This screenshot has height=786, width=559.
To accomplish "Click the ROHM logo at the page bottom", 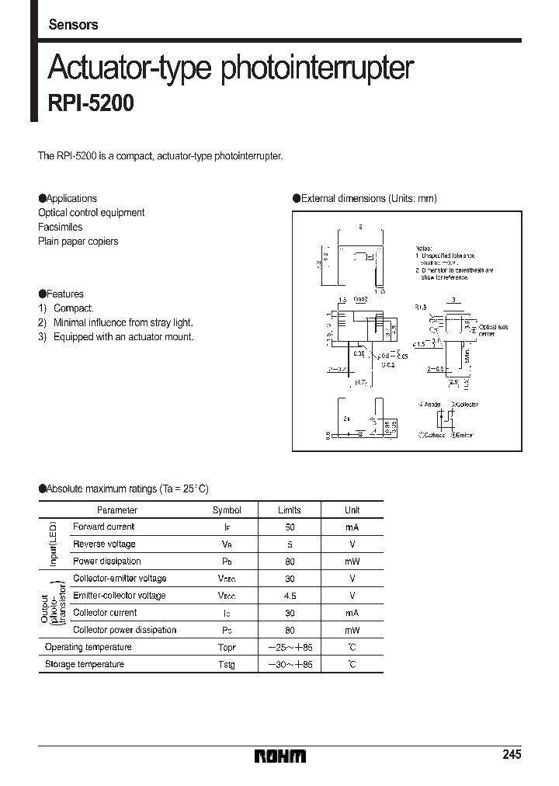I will coord(280,756).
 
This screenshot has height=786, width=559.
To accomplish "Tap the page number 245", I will coord(512,755).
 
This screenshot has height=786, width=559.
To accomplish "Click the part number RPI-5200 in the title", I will coord(91,103).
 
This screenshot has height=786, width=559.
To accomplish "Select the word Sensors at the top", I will coord(73,25).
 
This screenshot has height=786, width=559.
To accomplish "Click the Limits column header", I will coord(289,510).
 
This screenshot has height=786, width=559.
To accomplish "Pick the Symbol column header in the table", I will coord(227,510).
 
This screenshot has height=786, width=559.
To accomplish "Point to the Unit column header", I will coord(352,510).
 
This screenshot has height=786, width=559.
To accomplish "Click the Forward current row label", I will coord(103,527).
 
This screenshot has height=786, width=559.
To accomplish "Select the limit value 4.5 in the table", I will coord(289,596).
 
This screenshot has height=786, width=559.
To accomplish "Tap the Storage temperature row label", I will coord(85,664).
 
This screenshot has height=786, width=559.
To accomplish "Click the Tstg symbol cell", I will coord(226,665).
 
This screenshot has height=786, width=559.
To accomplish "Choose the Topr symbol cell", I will coord(226,647).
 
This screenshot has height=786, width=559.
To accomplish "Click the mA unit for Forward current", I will coord(352,527).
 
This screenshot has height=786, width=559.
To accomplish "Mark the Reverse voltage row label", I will coord(104,544).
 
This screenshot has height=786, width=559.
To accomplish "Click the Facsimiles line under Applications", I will coord(61,227).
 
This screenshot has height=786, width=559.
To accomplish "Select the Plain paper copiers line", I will coord(78,242).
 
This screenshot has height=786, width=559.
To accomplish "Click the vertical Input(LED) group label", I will coord(54,544).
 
